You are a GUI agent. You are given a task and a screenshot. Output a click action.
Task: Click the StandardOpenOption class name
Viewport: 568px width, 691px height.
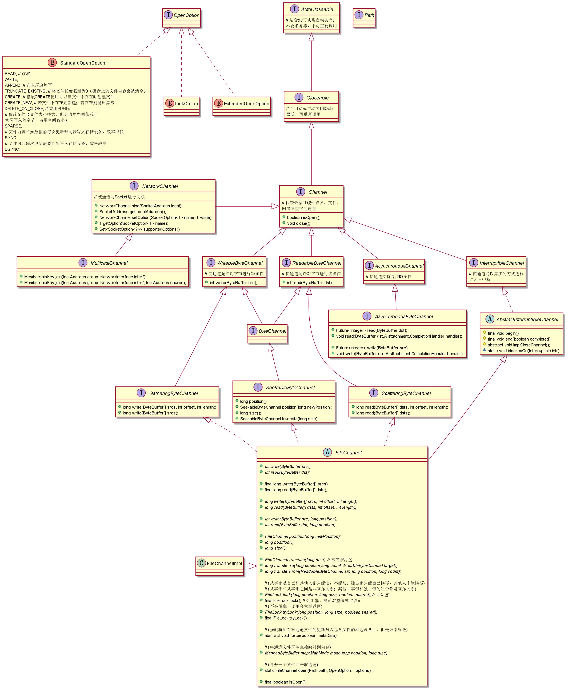pos(82,63)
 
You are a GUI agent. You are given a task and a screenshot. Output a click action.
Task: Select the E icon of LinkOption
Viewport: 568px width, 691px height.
pos(170,103)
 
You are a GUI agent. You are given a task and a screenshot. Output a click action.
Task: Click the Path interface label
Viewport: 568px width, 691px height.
pos(369,15)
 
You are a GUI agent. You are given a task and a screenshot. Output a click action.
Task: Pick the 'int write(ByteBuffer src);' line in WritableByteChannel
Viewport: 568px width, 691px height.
pos(233,283)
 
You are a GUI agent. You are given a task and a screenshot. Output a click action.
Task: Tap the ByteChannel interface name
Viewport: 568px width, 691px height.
pos(272,331)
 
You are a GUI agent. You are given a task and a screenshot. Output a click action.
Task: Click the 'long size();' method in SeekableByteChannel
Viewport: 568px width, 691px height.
pos(250,413)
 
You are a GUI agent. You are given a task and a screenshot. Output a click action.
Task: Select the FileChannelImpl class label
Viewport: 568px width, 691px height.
pos(225,563)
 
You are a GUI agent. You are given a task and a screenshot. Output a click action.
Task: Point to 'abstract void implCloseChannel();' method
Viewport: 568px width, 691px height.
pos(519,345)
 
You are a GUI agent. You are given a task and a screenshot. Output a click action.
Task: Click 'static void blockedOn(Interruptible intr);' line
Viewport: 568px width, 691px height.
pos(523,351)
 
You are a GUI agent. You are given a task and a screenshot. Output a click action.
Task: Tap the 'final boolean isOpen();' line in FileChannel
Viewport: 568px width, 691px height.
pos(285,682)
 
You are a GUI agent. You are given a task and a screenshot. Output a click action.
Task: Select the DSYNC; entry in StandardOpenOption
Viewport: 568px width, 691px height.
pos(12,150)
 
